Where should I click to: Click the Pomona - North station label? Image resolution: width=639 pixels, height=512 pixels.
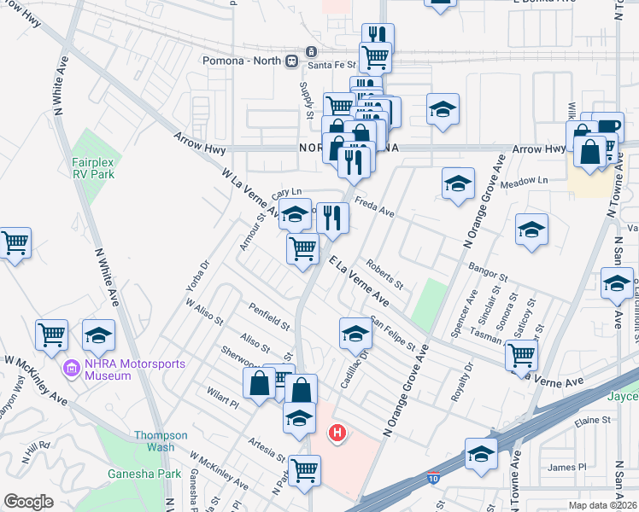click(x=243, y=61)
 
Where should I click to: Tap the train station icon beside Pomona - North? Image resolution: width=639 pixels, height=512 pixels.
click(x=292, y=61)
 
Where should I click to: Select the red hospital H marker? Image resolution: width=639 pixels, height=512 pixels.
click(x=337, y=433)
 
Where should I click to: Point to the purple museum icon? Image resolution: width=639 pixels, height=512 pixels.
click(x=72, y=369)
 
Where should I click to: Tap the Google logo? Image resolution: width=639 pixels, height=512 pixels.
click(x=28, y=501)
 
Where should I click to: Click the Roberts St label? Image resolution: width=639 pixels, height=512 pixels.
click(x=384, y=273)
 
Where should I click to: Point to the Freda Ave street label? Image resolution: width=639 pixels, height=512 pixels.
click(x=374, y=207)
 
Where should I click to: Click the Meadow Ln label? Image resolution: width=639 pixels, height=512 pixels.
click(x=525, y=181)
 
